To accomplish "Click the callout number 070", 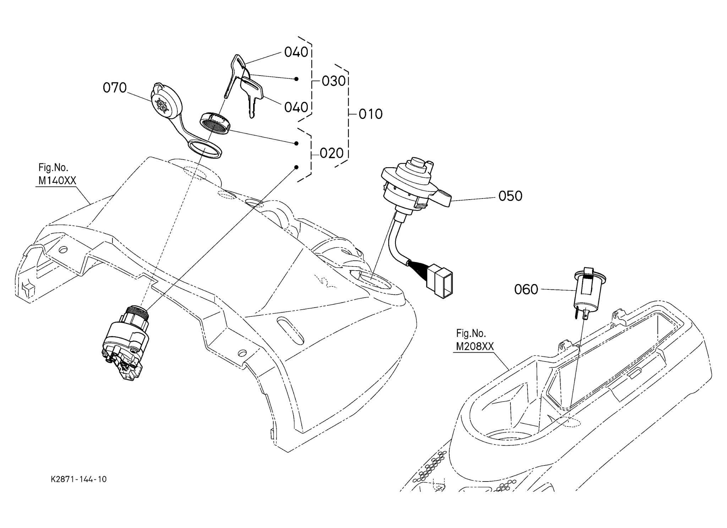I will (115, 88).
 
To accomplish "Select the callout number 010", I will (371, 114).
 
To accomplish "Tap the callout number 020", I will (332, 153).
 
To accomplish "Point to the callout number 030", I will (334, 81).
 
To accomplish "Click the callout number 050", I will (510, 196).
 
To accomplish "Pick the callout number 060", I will (526, 290).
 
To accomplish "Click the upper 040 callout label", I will (296, 53).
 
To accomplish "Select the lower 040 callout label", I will (296, 107).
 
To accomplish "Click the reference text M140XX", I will (57, 181).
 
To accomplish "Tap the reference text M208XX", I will (475, 347).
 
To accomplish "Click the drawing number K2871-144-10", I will (78, 479).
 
